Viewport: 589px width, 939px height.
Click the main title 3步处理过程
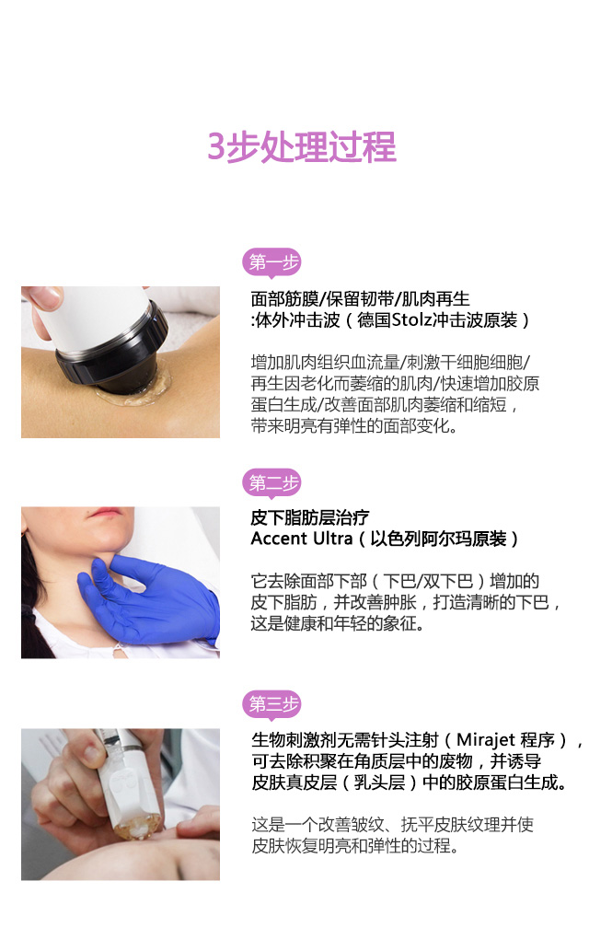[301, 146]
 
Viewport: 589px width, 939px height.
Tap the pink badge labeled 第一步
[271, 262]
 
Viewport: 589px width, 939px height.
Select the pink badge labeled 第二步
[271, 482]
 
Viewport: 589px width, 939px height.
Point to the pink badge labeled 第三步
[271, 703]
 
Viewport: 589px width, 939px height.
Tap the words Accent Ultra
[301, 539]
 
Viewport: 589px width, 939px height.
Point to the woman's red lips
[105, 513]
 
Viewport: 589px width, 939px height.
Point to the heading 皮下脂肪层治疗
[310, 517]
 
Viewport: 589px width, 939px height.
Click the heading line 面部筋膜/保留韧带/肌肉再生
[361, 299]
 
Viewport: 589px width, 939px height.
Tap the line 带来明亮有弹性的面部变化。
[354, 426]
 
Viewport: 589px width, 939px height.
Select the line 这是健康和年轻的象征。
[338, 623]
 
